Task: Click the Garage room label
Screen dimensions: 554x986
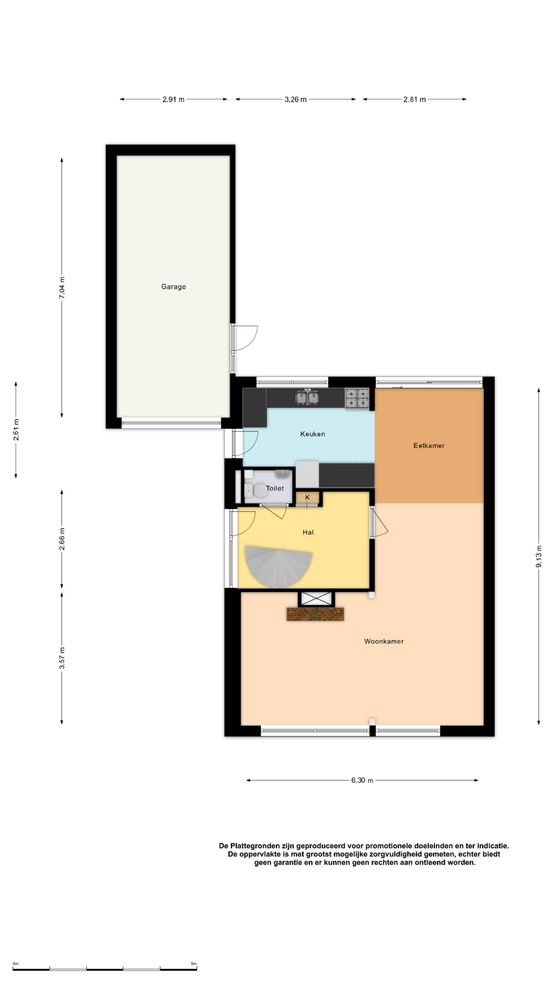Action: coord(173,287)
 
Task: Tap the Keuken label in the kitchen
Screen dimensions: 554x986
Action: coord(312,434)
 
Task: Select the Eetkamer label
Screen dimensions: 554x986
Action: coord(429,446)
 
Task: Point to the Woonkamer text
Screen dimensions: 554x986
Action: coord(384,641)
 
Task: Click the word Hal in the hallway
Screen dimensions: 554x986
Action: coord(308,533)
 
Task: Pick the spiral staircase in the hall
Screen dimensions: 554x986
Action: coord(278,566)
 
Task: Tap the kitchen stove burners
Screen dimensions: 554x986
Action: coord(357,399)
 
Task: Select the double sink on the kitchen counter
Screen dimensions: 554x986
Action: coord(307,397)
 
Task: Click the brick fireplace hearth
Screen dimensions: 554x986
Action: coord(315,614)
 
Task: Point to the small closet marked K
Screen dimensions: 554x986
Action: coord(308,498)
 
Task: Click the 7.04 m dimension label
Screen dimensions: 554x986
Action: coord(62,288)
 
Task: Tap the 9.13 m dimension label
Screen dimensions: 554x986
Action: coord(539,556)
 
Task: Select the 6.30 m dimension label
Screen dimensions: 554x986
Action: coord(362,780)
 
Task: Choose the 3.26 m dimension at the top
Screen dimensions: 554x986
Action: coord(295,100)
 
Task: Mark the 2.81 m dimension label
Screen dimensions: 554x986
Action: coord(414,100)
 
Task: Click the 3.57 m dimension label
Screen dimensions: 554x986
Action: coord(62,658)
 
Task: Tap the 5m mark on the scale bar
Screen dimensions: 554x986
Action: coord(194,964)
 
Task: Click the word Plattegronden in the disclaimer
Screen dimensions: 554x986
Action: coord(255,846)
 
